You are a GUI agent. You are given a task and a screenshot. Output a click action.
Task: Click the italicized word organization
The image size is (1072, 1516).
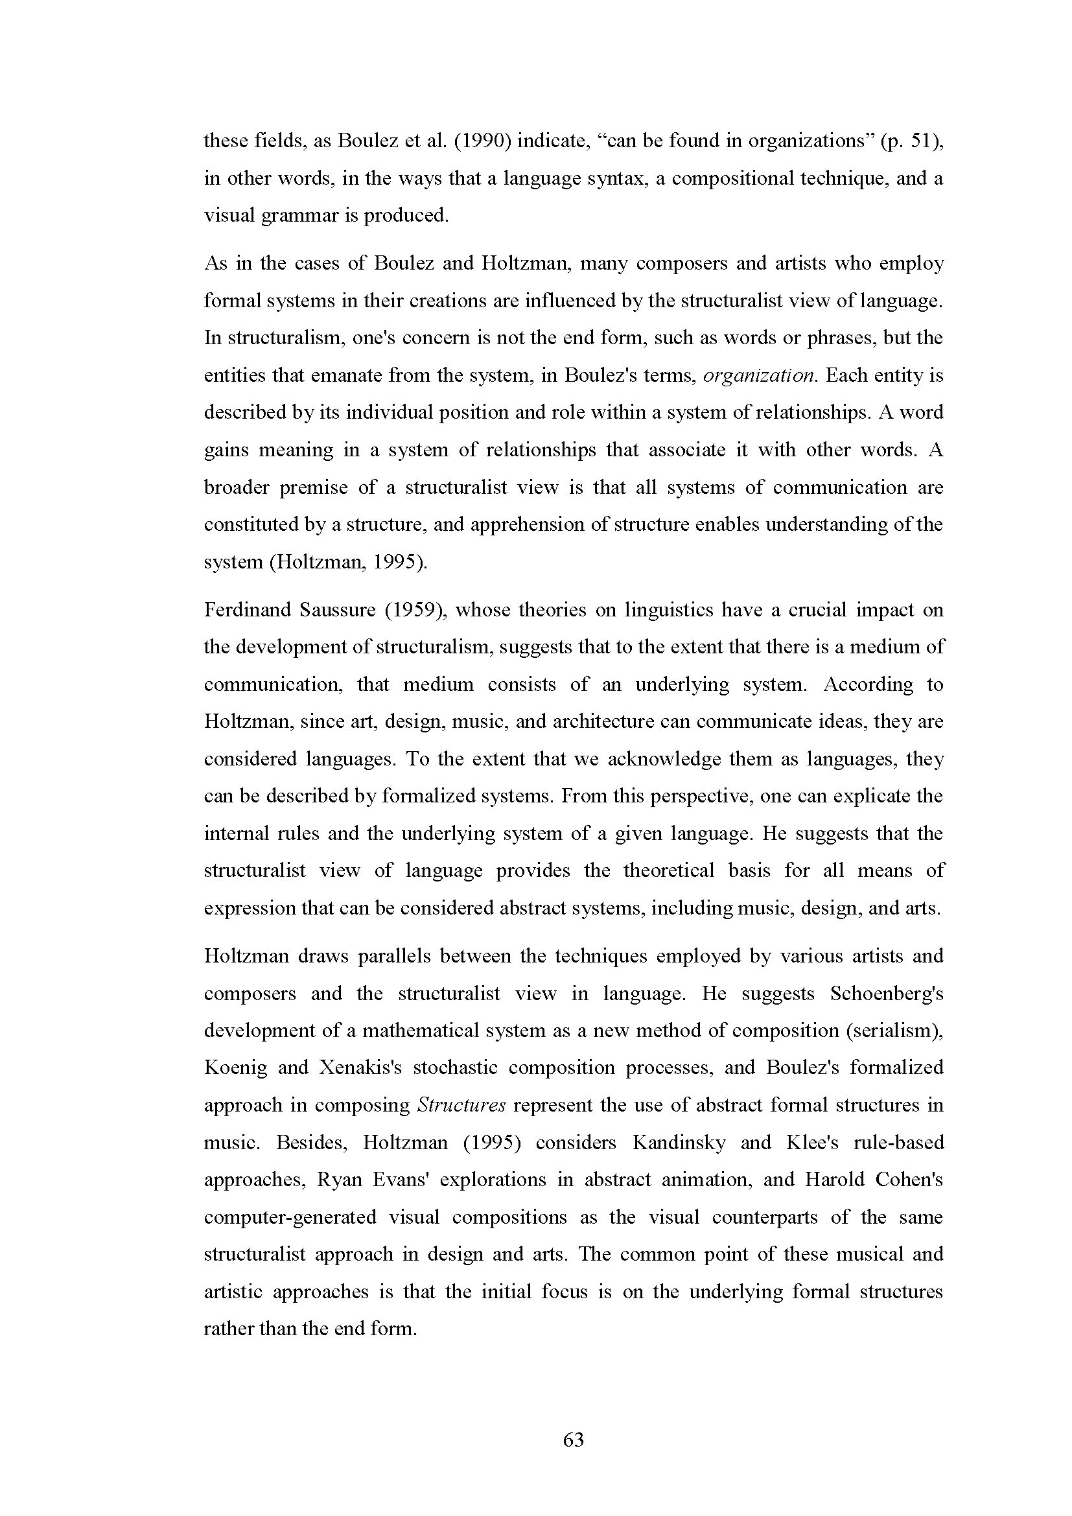point(759,376)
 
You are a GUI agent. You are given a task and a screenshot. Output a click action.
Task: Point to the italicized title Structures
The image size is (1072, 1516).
point(462,1105)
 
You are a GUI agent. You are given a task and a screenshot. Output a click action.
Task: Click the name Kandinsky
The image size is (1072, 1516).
point(679,1143)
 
